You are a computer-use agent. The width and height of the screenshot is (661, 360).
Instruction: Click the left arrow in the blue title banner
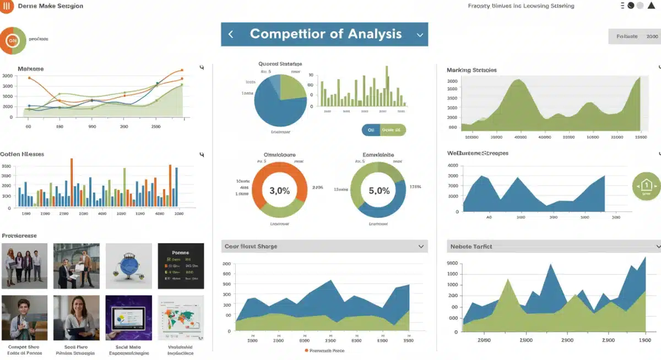click(231, 34)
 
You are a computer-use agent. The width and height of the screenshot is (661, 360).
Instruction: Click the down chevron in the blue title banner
click(420, 35)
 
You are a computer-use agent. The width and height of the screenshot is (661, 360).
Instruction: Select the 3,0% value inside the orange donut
click(279, 190)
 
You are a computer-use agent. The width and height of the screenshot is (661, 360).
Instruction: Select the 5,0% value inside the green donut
click(378, 190)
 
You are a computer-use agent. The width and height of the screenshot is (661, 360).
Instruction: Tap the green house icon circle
click(646, 186)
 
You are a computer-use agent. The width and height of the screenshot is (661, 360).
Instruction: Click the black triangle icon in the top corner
click(651, 6)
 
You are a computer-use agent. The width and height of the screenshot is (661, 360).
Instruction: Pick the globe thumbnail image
click(128, 266)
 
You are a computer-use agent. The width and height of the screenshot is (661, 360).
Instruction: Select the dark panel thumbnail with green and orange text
click(181, 266)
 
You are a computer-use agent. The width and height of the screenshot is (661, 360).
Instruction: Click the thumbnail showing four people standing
click(24, 266)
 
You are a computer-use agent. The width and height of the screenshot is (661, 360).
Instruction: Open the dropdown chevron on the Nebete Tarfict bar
click(658, 247)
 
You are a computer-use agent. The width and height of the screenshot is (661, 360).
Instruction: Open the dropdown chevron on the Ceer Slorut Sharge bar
click(421, 247)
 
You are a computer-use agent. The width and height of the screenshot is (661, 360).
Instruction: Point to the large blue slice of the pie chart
click(274, 107)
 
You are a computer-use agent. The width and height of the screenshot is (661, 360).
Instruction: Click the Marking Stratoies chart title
click(472, 70)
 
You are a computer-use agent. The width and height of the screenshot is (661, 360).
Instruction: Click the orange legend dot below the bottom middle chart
click(306, 350)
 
